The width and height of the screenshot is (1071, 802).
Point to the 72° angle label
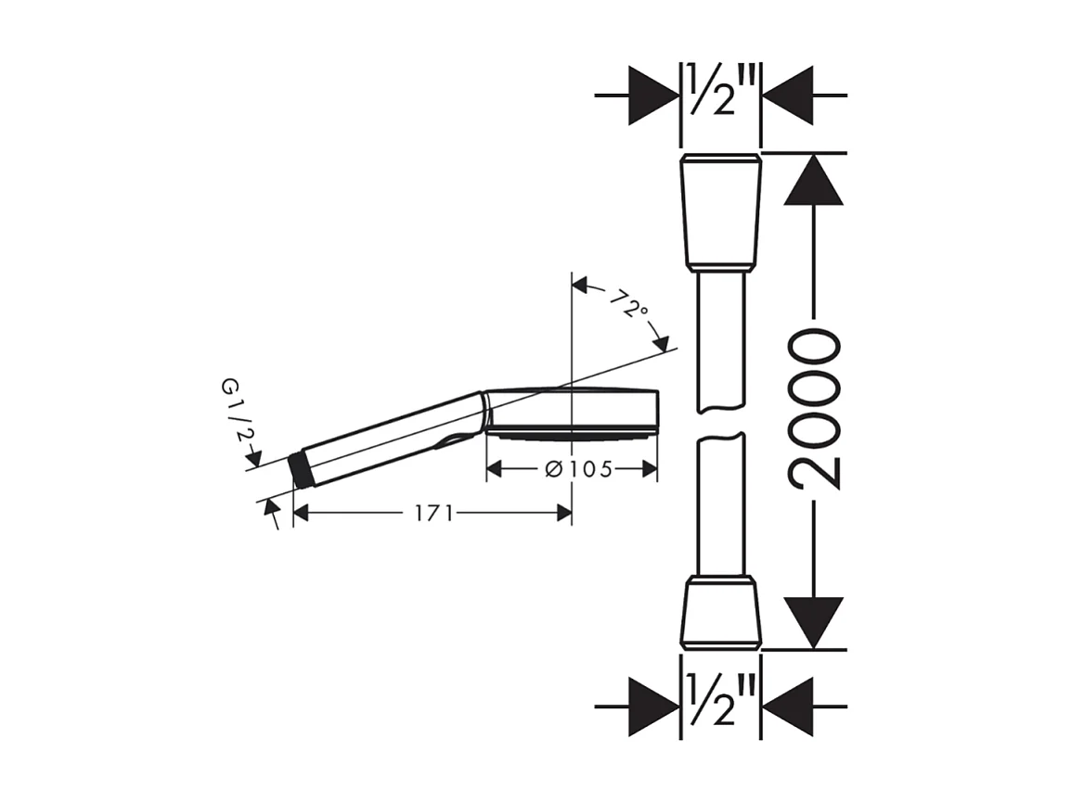(629, 303)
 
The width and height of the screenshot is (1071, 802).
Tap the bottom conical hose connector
(721, 612)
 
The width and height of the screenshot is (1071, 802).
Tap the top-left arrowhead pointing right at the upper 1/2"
(653, 95)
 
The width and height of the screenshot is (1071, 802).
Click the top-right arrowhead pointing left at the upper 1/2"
(788, 95)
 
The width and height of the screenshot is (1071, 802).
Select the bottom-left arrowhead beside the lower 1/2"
(653, 707)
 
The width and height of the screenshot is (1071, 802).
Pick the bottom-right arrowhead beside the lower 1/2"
(788, 707)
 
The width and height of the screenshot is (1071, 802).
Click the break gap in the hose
(721, 423)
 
